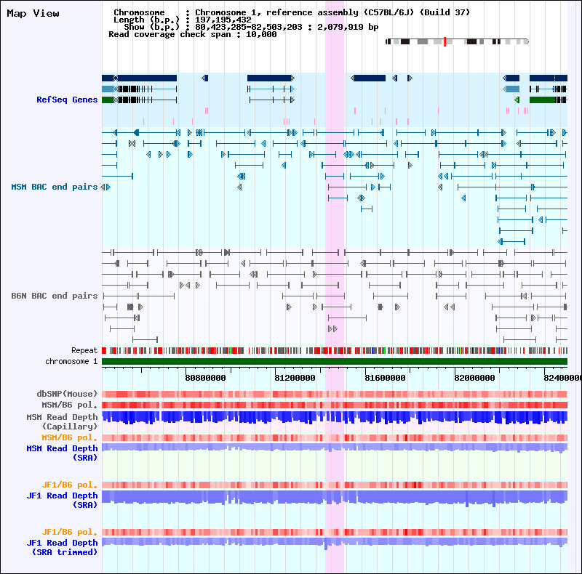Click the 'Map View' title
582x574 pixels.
(33, 13)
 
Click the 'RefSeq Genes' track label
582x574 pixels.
(67, 100)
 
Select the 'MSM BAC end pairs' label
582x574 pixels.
(54, 187)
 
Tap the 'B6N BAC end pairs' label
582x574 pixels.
(54, 296)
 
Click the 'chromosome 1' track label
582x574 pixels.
(71, 361)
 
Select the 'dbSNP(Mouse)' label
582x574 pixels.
(67, 394)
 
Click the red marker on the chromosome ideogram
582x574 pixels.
(445, 42)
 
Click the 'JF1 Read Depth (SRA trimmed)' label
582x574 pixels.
(63, 547)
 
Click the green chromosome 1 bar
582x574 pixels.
(334, 361)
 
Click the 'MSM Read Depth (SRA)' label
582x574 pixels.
(63, 453)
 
